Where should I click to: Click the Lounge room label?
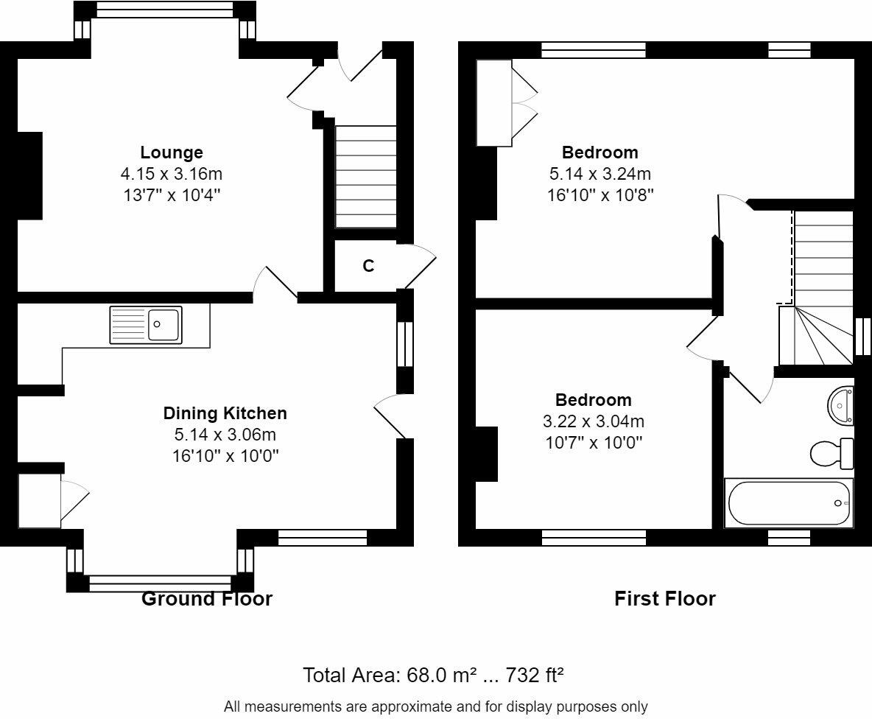click(x=172, y=152)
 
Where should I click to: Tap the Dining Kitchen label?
click(x=225, y=413)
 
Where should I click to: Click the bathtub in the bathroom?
click(x=788, y=502)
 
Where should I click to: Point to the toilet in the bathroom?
click(x=831, y=453)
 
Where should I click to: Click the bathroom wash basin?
click(x=841, y=405)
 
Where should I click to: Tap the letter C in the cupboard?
click(x=368, y=267)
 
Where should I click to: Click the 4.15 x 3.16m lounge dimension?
click(x=172, y=174)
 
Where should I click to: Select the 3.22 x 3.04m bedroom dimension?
click(x=594, y=421)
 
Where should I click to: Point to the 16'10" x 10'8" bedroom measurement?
click(x=600, y=195)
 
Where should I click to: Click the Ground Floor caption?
click(x=207, y=599)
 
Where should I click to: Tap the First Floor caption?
click(x=664, y=599)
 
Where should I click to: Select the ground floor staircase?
click(x=365, y=176)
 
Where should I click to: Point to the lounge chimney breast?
click(x=30, y=176)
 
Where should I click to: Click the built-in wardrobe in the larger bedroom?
click(x=494, y=103)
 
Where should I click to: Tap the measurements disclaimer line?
click(x=436, y=706)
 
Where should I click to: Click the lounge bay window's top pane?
click(x=164, y=10)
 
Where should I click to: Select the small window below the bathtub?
click(x=789, y=538)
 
